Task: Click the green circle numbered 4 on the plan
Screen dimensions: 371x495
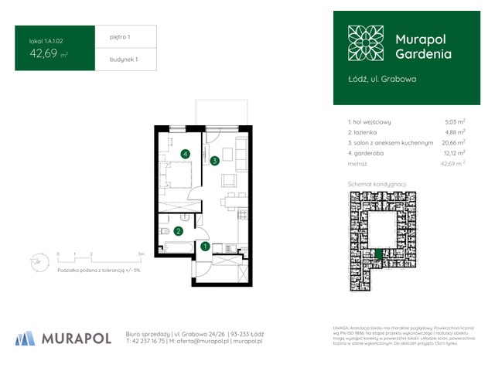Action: [x=186, y=154]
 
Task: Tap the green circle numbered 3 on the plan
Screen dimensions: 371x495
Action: [x=214, y=161]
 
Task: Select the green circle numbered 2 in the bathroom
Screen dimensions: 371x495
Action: [x=177, y=230]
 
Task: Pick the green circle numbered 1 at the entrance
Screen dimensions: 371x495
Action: [x=204, y=247]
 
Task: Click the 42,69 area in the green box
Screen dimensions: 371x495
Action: [x=46, y=53]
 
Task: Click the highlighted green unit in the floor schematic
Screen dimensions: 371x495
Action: [x=378, y=254]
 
